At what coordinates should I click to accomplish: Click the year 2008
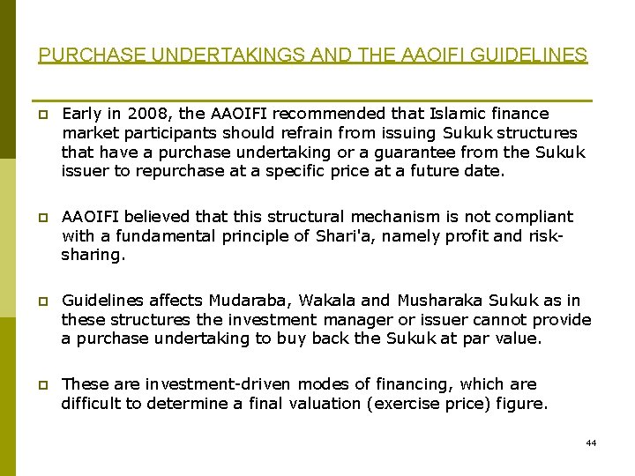tap(144, 114)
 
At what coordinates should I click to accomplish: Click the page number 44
tap(590, 443)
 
